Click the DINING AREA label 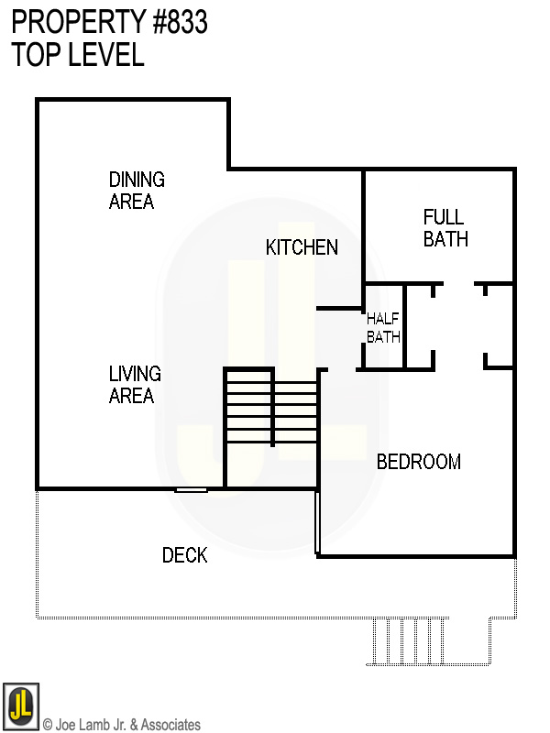pyautogui.click(x=137, y=191)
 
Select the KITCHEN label pyautogui.click(x=302, y=247)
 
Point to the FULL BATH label pyautogui.click(x=445, y=228)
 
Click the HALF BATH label pyautogui.click(x=383, y=328)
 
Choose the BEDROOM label pyautogui.click(x=418, y=462)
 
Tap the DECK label pyautogui.click(x=184, y=555)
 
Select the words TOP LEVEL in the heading pyautogui.click(x=78, y=55)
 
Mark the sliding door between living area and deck pyautogui.click(x=192, y=490)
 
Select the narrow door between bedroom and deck pyautogui.click(x=316, y=522)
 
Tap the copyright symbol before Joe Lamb pyautogui.click(x=48, y=725)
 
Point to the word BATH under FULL pyautogui.click(x=445, y=239)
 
